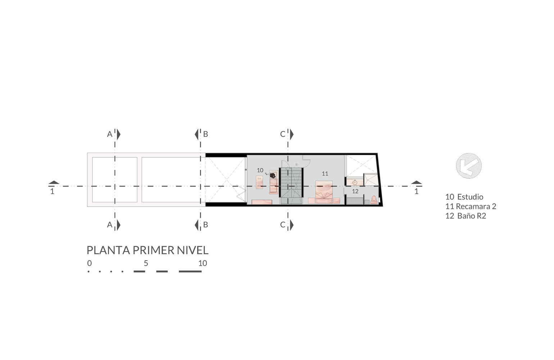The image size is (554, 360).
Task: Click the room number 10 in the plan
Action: click(x=260, y=170)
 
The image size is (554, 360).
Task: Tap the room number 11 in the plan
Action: click(x=325, y=174)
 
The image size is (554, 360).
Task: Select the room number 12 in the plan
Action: click(x=355, y=191)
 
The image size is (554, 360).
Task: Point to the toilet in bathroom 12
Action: click(x=374, y=200)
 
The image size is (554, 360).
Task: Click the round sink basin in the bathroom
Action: click(x=355, y=183)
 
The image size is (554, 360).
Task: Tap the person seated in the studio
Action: click(x=273, y=175)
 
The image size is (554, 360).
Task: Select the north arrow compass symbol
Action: click(x=468, y=166)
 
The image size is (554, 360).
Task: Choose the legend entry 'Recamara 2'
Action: click(x=476, y=206)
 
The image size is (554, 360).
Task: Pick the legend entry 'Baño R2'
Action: click(x=471, y=216)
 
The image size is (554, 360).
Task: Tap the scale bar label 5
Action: click(x=146, y=263)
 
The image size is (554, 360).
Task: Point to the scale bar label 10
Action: click(x=203, y=263)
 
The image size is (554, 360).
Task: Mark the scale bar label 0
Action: click(x=89, y=263)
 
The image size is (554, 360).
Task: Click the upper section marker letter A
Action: click(x=109, y=134)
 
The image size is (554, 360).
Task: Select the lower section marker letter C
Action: click(x=283, y=225)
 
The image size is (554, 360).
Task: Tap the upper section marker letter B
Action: click(x=205, y=134)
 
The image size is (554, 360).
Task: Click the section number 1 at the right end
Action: click(x=417, y=192)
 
